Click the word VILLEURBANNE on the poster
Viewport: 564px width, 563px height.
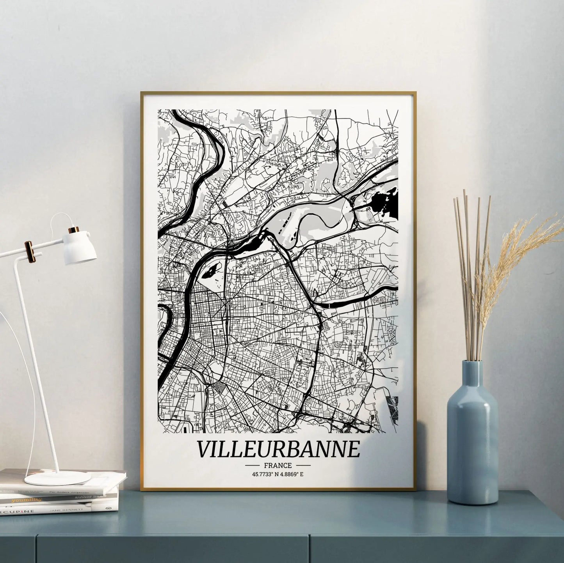(x=278, y=449)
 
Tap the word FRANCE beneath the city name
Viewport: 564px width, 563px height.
(x=278, y=465)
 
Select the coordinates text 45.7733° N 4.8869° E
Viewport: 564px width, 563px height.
(x=278, y=474)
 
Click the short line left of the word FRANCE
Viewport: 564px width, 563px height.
(x=253, y=466)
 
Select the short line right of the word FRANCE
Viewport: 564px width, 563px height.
(x=303, y=466)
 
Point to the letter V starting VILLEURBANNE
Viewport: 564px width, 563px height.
(x=205, y=449)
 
